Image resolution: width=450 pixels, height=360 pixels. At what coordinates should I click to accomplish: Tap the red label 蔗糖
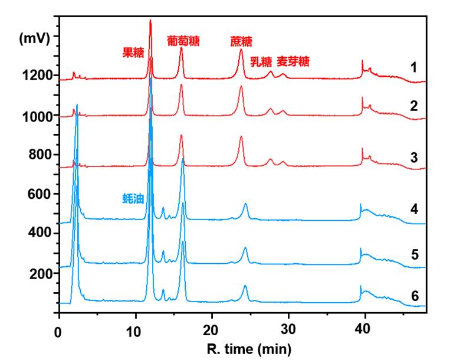pos(241,41)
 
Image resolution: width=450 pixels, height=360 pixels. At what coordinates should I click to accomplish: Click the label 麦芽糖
pos(294,61)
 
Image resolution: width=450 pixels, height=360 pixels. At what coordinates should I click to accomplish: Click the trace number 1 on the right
pos(414,67)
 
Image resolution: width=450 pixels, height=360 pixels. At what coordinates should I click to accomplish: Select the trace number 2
pos(414,107)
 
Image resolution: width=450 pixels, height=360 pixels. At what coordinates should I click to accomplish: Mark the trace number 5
pos(414,255)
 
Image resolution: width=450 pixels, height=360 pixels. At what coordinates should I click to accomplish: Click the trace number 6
pos(414,295)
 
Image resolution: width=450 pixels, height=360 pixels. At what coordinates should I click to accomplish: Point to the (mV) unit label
pos(35,39)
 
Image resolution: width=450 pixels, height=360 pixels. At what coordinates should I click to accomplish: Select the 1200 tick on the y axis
pos(38,76)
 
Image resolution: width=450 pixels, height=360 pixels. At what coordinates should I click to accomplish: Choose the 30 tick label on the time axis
pos(288,330)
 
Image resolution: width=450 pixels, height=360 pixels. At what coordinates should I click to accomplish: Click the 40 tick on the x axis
pos(364,330)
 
